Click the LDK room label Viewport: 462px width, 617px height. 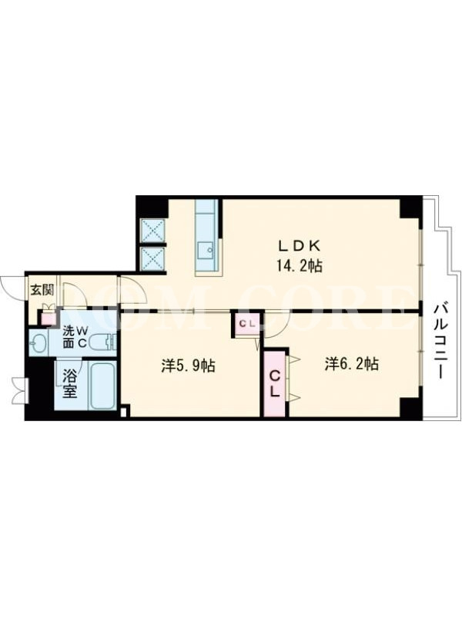300,245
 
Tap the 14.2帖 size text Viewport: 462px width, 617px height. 300,266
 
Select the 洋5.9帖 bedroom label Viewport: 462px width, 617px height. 188,366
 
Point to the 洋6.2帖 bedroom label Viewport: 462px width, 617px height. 352,364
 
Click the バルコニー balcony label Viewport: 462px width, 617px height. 440,341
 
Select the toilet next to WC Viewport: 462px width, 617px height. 103,342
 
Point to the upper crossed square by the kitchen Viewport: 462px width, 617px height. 152,231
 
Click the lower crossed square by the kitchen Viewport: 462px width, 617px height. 152,258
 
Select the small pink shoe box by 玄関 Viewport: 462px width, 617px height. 49,318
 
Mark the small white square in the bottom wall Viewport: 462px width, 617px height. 123,413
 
